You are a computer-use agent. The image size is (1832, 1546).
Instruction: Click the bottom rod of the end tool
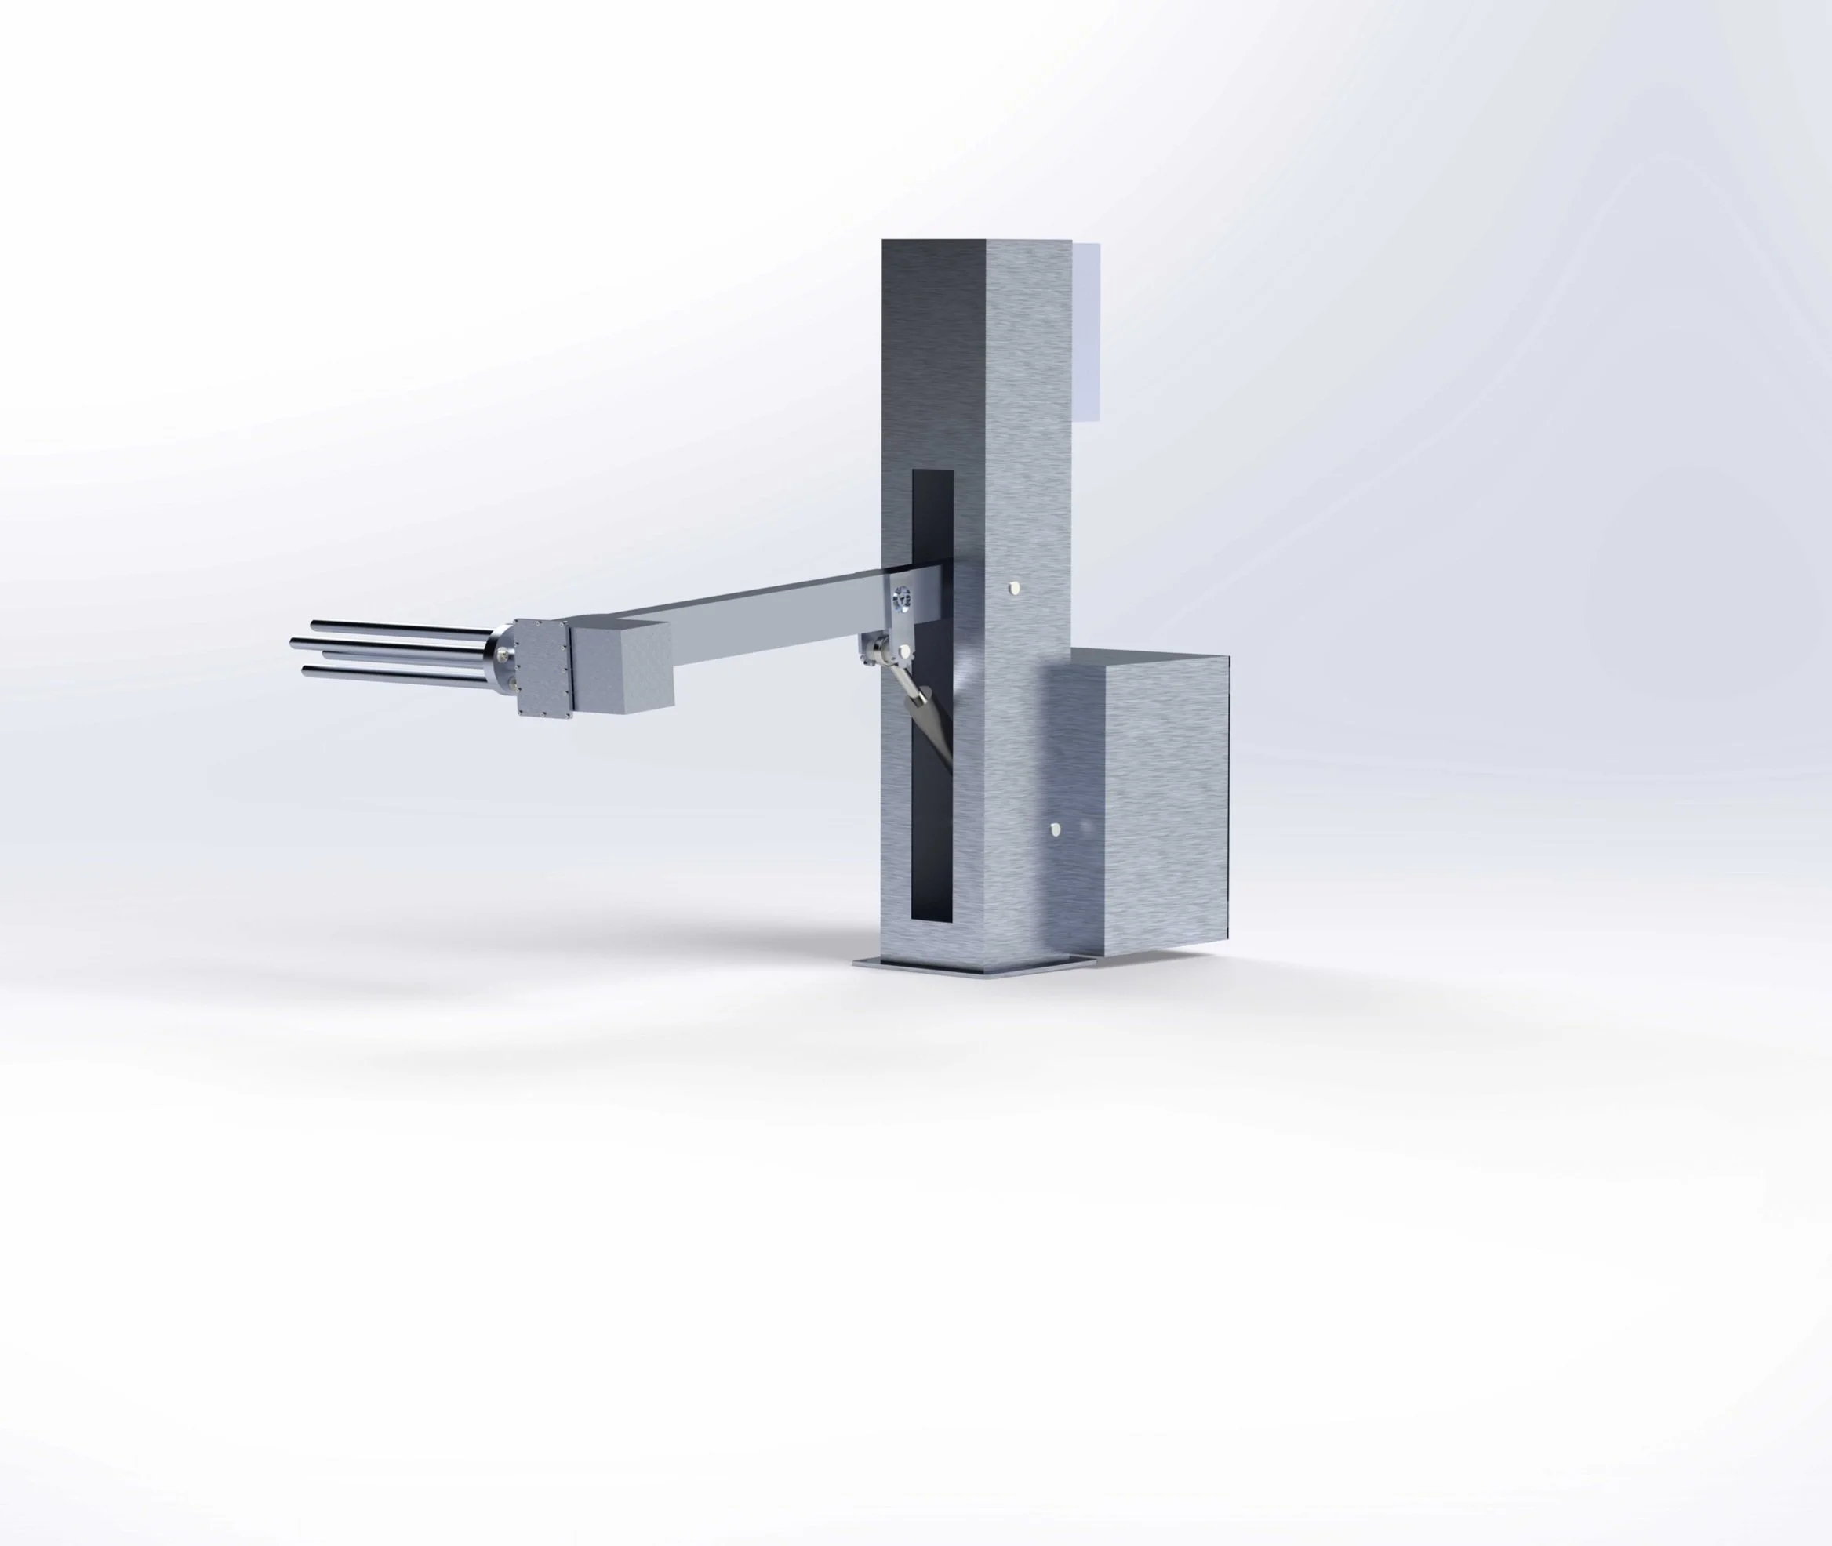[394, 671]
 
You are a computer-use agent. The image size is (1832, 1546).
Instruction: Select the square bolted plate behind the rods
[538, 668]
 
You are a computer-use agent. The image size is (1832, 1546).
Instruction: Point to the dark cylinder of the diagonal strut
[929, 719]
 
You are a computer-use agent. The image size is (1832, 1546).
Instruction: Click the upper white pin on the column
[1014, 586]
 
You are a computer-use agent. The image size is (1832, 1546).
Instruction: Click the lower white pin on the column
[1057, 827]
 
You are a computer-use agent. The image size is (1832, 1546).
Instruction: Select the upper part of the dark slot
[932, 517]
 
